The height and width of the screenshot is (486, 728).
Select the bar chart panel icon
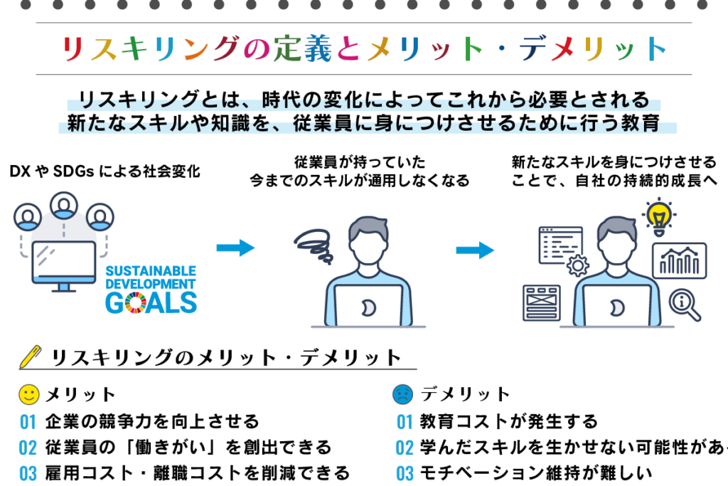point(679,260)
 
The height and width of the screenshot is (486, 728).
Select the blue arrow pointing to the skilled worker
point(475,250)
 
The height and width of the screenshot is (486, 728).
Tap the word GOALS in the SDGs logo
point(151,302)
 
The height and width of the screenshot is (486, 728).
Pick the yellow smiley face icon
point(28,393)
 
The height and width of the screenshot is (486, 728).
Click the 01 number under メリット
point(28,422)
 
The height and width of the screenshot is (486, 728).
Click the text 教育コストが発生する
point(508,422)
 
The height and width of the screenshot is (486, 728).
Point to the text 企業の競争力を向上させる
point(151,422)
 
